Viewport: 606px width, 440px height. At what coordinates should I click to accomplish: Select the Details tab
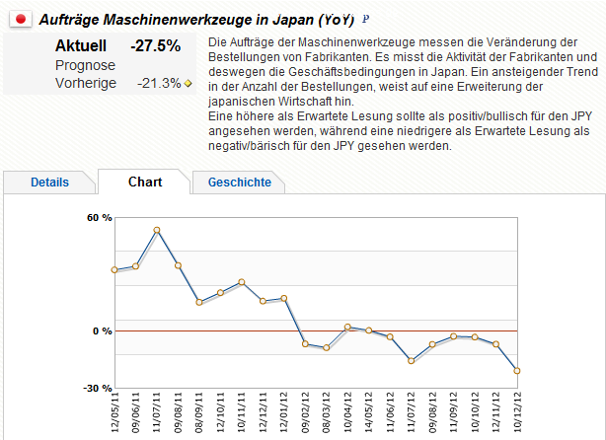tap(49, 183)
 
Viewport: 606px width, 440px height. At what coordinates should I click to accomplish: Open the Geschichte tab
tap(239, 183)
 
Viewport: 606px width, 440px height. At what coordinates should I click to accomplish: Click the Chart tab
tap(145, 182)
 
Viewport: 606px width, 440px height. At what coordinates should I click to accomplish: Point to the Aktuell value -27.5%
tap(155, 45)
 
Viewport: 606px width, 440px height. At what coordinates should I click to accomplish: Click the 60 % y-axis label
tap(100, 217)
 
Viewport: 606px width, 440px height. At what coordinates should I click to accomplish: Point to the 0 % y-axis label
tap(103, 330)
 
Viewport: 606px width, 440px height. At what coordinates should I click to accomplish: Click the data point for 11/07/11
tap(157, 230)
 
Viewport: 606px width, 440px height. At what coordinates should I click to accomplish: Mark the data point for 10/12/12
tap(516, 371)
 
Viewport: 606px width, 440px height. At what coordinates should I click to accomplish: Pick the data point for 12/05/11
tap(114, 269)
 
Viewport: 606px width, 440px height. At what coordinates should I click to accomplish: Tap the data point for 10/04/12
tap(347, 327)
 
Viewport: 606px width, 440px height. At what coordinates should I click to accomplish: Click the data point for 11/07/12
tap(411, 361)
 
